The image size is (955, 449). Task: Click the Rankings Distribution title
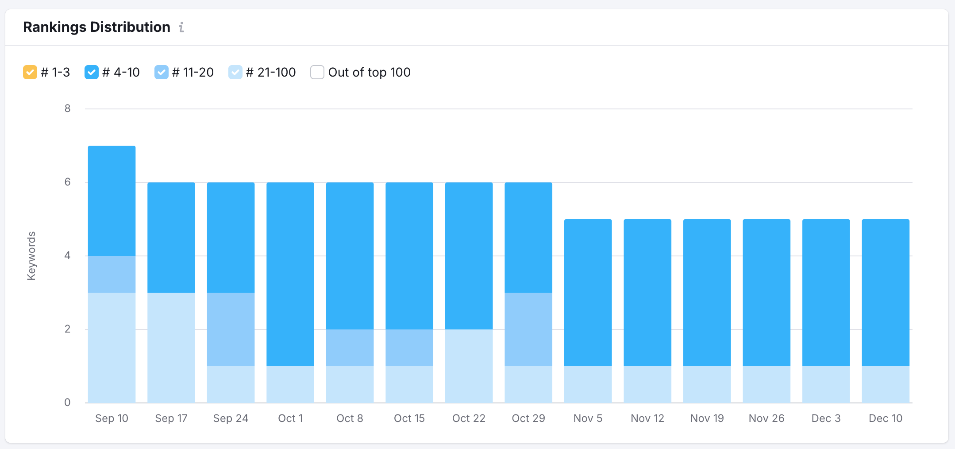(96, 27)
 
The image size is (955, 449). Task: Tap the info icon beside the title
(181, 27)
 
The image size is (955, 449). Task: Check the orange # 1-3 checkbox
(30, 72)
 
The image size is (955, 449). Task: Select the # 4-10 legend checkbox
(92, 72)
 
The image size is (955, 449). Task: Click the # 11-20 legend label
(193, 72)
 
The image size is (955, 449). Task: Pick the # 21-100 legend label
(270, 72)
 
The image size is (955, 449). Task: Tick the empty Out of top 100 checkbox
(317, 72)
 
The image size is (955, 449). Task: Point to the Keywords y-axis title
(31, 256)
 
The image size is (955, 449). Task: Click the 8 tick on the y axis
(67, 108)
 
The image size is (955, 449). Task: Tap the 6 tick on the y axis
(67, 182)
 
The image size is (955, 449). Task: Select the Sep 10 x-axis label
(112, 418)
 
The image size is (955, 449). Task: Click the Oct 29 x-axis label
(528, 418)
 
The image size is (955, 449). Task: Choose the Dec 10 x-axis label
(886, 418)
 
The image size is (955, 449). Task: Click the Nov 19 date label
(707, 418)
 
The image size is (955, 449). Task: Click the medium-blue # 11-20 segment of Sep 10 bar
(112, 274)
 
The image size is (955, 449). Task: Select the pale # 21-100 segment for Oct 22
(469, 366)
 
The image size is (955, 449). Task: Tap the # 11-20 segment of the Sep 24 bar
(231, 329)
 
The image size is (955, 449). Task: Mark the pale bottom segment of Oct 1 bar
(290, 384)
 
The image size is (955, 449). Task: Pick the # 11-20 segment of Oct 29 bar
(528, 329)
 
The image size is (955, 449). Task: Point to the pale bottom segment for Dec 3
(826, 384)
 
